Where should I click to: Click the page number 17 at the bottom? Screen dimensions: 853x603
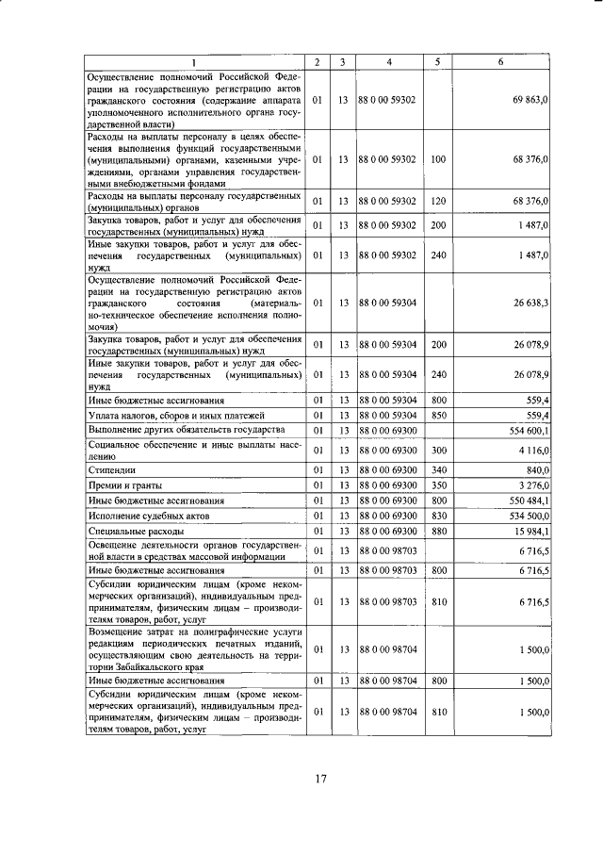(319, 779)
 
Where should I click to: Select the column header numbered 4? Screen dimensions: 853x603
(389, 61)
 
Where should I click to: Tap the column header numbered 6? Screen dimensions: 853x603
(499, 61)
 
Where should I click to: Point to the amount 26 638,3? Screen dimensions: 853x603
(530, 303)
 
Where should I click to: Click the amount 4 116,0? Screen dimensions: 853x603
(532, 450)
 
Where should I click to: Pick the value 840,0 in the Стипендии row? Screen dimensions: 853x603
(537, 468)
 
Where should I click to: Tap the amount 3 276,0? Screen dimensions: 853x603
(532, 484)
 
